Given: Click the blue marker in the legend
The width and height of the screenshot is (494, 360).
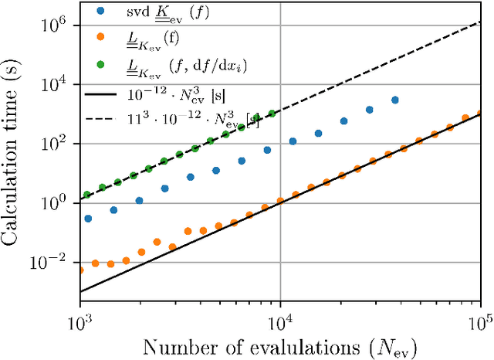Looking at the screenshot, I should point(101,12).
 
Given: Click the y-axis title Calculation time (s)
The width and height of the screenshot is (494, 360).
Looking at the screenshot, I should point(16,151).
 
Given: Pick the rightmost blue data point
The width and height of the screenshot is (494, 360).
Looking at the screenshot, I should point(395,100).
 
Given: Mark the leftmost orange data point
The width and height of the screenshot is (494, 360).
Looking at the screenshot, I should point(80,270).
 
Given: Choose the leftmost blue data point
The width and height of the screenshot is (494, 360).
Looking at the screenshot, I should point(87,219).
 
